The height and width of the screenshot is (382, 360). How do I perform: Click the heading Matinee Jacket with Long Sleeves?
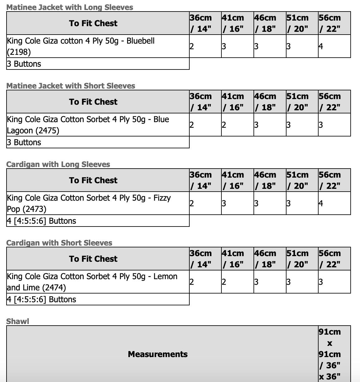(x=69, y=7)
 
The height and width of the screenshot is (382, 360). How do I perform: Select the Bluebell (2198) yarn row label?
(x=81, y=46)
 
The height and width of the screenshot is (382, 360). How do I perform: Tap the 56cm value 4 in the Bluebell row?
(x=321, y=46)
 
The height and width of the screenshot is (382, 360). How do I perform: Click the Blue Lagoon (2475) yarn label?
(x=88, y=125)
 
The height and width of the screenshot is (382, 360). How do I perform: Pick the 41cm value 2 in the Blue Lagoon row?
(x=224, y=125)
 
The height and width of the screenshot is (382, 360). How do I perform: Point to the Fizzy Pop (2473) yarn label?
(x=89, y=203)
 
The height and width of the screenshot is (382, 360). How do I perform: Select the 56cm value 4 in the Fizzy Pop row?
(x=321, y=203)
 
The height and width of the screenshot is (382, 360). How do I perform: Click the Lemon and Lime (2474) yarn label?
(x=92, y=282)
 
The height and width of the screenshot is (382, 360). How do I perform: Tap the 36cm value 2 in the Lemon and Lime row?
(x=192, y=282)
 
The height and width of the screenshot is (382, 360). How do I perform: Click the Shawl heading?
(x=17, y=321)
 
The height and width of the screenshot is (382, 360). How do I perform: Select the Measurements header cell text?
(x=158, y=354)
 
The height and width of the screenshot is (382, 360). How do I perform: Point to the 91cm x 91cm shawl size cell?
(x=329, y=354)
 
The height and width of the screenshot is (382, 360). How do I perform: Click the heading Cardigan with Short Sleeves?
(x=59, y=243)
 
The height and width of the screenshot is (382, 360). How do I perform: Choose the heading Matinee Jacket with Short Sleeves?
(x=71, y=86)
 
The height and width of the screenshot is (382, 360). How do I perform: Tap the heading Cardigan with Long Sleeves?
(x=58, y=164)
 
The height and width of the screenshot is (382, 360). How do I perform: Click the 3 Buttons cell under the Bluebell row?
(x=24, y=64)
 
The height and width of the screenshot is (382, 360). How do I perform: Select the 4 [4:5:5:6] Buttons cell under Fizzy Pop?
(x=41, y=221)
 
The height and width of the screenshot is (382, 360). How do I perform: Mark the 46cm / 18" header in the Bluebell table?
(x=265, y=23)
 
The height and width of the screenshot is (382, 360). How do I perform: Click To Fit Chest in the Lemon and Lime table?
(x=93, y=259)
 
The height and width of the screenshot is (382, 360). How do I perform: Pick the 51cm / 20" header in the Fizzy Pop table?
(x=297, y=180)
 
